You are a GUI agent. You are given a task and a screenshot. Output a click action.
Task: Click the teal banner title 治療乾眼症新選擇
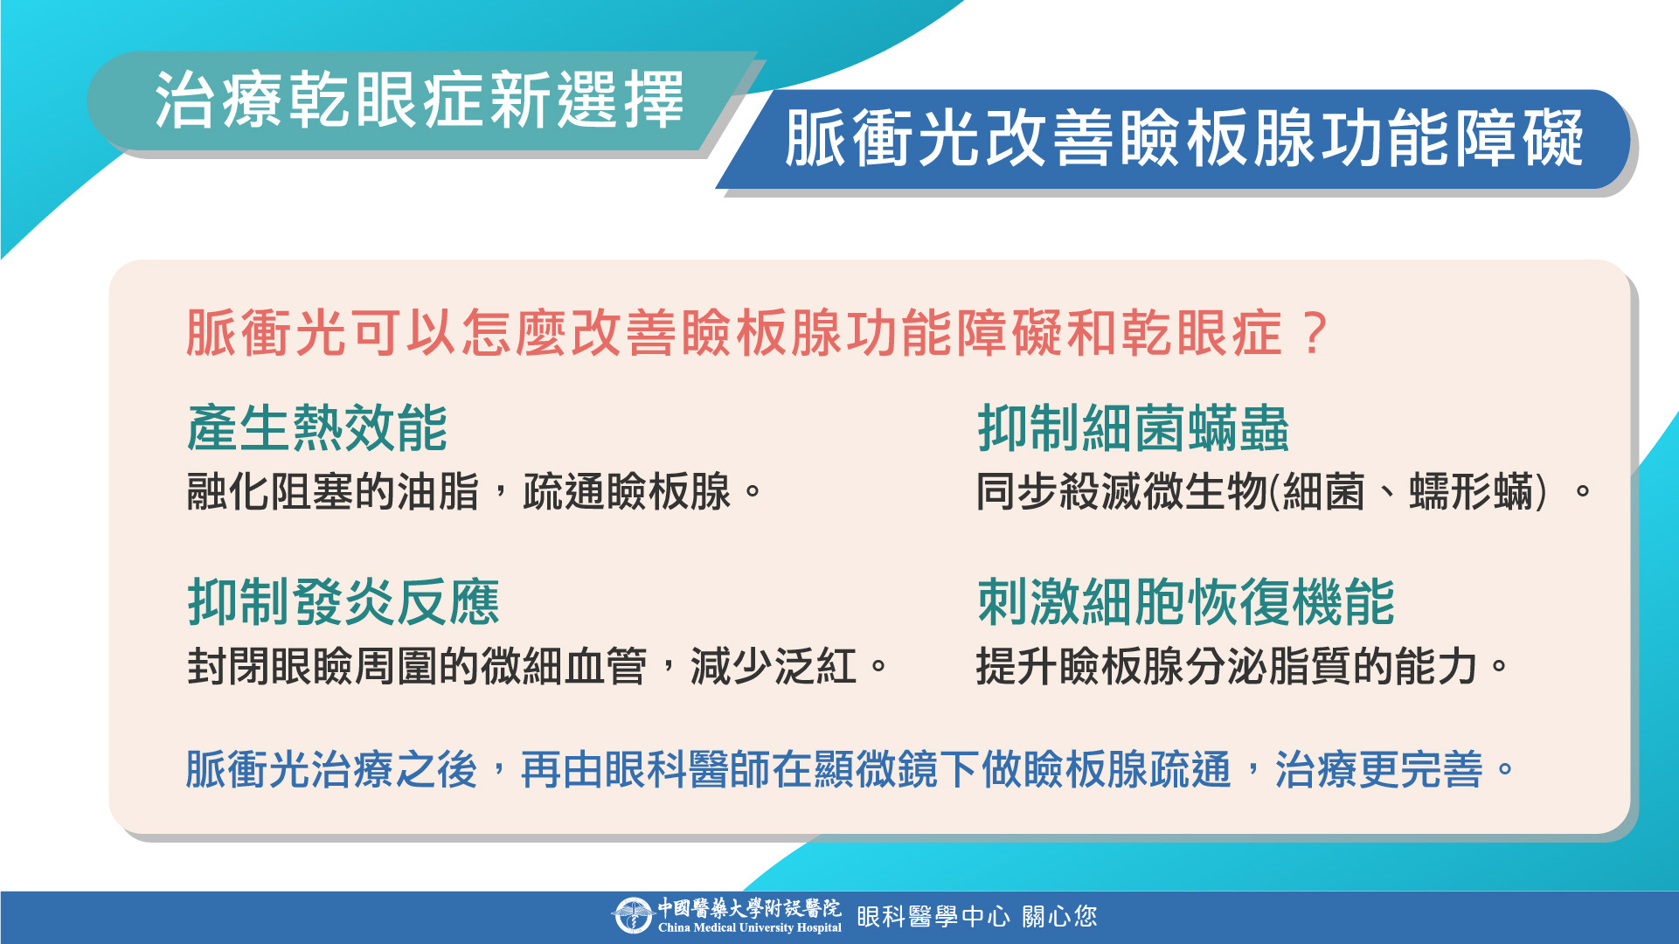pos(419,101)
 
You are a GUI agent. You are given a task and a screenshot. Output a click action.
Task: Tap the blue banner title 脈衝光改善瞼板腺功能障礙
pos(1183,138)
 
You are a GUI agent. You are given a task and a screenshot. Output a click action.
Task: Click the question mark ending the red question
pos(1314,333)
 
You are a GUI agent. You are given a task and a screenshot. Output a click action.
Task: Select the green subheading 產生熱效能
pos(317,428)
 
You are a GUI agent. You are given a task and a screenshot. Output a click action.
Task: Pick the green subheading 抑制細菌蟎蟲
pos(1133,428)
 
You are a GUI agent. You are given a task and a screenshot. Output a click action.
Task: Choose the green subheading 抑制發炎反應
pos(343,602)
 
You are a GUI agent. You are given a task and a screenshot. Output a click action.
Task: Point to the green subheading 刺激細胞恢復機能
pos(1186,602)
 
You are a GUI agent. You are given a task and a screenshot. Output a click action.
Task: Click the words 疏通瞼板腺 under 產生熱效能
pos(627,491)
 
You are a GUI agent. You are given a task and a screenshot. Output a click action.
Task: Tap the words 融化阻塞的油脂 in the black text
pos(333,491)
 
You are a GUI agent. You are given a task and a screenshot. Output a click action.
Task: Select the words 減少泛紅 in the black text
pos(774,666)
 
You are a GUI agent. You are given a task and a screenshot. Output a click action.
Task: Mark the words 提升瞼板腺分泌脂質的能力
pos(1227,666)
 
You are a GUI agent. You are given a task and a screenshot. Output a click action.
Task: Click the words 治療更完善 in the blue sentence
pos(1379,770)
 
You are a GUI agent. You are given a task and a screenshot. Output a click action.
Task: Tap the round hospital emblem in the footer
pos(632,916)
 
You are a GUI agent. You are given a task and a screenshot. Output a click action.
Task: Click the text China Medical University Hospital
pos(750,928)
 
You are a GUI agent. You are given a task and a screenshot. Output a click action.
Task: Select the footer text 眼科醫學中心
pos(933,916)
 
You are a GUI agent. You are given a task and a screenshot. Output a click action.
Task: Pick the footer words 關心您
pos(1059,916)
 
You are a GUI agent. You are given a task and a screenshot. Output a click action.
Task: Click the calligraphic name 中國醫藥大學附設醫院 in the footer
pos(750,908)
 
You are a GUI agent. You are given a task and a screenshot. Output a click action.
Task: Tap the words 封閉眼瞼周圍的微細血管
pos(417,666)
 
